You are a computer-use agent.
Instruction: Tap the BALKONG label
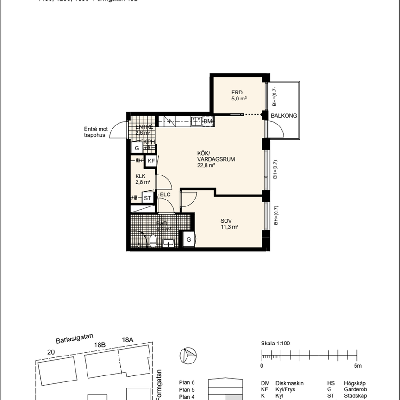(x=284, y=116)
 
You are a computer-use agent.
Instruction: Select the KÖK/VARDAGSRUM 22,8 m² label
(x=210, y=159)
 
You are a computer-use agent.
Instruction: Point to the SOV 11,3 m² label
(x=229, y=224)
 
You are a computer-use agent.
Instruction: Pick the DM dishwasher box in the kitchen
(x=208, y=121)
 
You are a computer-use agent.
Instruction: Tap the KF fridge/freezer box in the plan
(x=151, y=161)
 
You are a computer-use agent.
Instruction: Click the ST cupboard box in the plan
(x=148, y=198)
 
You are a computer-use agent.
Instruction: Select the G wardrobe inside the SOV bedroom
(x=189, y=240)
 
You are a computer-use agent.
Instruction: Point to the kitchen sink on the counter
(x=196, y=121)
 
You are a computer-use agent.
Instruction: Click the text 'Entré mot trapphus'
(x=95, y=132)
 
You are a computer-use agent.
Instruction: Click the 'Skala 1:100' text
(x=275, y=344)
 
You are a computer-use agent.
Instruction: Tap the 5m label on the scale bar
(x=357, y=366)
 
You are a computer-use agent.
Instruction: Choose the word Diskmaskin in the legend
(x=289, y=383)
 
